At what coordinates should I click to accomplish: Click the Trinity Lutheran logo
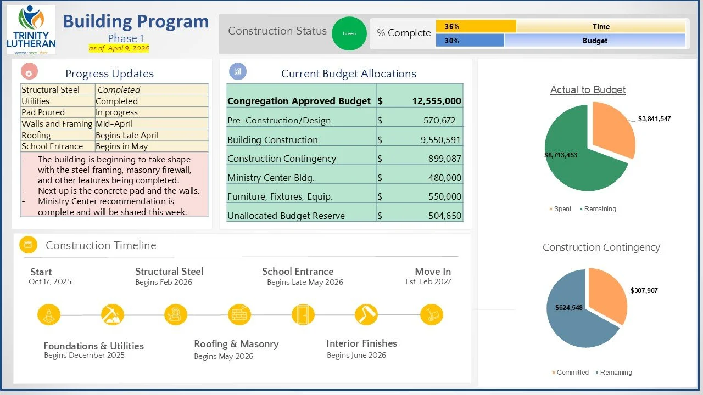31,30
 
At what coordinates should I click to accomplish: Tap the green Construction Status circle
349,33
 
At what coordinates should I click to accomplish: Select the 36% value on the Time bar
452,26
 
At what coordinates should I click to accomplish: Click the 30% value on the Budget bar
452,41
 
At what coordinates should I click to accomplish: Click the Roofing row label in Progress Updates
36,136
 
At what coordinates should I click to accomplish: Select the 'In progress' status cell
116,112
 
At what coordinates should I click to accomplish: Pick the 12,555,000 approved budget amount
437,101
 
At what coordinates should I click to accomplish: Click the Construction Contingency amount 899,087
445,159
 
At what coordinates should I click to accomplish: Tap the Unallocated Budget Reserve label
286,216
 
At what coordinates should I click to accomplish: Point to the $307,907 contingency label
644,291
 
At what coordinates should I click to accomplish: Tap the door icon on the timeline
303,315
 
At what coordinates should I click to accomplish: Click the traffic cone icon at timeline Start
48,315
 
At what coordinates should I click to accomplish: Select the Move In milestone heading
433,272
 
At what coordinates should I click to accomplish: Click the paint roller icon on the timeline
366,315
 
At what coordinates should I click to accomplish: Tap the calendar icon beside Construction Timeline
28,245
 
